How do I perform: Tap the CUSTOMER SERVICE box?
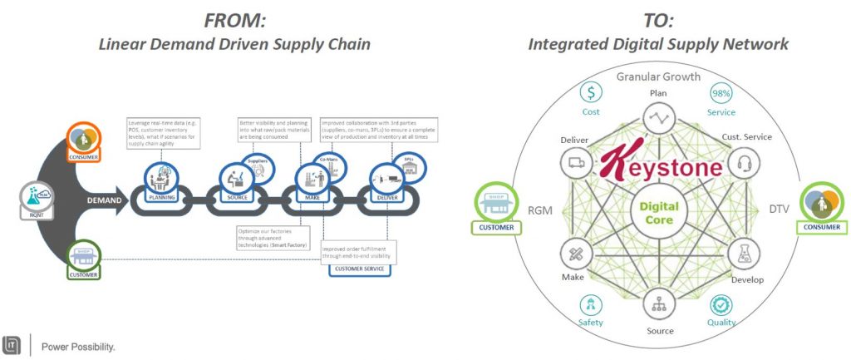[357, 269]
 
